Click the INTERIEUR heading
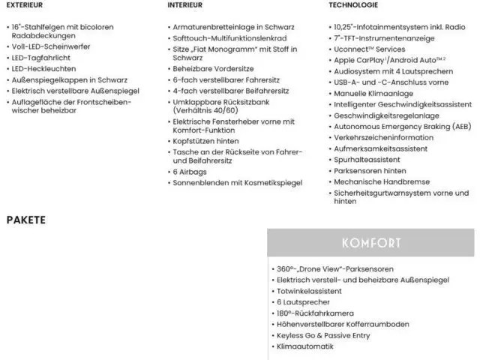tap(187, 4)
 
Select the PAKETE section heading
tap(26, 220)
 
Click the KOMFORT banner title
tap(371, 243)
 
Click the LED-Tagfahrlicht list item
tap(41, 58)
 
